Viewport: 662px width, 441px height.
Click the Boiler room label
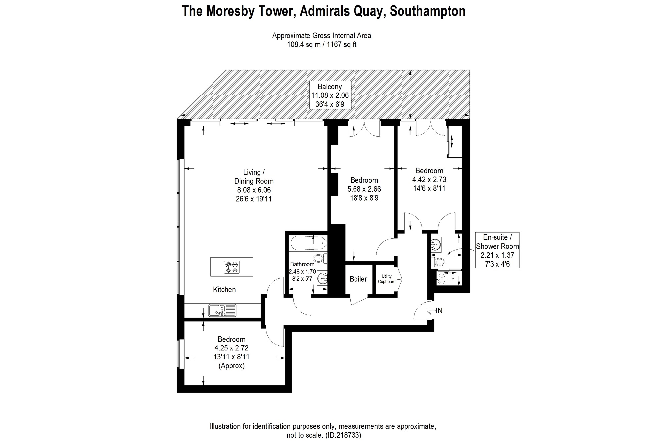coord(358,279)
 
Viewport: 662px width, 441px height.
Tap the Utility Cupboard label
coord(387,279)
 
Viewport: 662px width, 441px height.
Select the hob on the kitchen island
coord(232,267)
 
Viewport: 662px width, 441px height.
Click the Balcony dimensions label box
coord(330,95)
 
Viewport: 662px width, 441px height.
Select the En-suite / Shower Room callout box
coord(497,250)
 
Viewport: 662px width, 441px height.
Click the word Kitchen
coord(224,290)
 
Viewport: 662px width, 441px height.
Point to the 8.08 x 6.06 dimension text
coord(254,190)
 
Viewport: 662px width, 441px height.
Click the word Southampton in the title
coord(428,11)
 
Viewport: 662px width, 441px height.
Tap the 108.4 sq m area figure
coord(304,44)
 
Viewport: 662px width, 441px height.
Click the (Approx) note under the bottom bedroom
coord(231,366)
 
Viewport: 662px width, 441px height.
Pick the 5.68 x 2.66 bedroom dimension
coord(364,189)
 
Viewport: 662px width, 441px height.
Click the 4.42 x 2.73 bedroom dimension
coord(429,180)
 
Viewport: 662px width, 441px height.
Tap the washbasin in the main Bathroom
coord(322,278)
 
